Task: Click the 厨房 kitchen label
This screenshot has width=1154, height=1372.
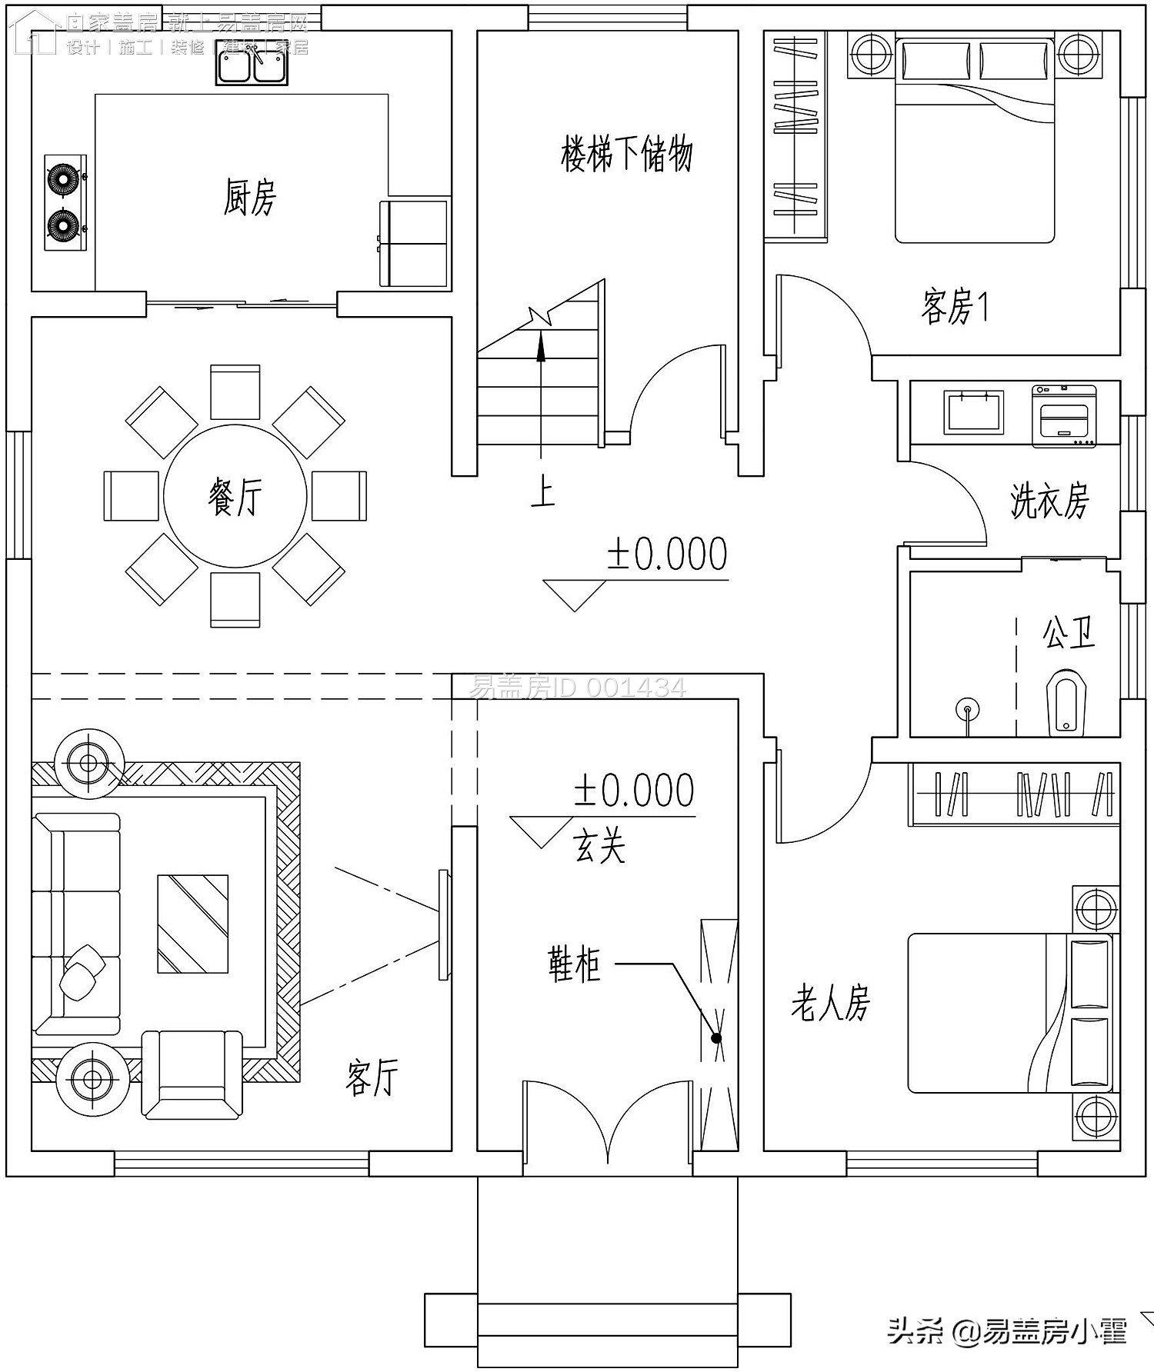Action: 249,198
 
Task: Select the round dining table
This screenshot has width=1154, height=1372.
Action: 235,496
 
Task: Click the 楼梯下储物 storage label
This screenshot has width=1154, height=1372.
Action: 626,154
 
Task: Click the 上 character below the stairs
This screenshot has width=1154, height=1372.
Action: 542,491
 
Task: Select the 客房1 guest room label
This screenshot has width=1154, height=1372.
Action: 954,307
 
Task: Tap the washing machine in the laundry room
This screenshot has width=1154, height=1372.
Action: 1064,415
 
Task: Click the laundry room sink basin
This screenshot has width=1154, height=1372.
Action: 974,412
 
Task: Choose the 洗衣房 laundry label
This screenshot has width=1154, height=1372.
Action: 1049,501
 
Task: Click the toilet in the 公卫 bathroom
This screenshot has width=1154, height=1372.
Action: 1066,702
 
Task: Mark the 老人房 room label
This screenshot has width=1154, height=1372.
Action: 830,1004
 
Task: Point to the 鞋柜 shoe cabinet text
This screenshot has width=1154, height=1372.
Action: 574,964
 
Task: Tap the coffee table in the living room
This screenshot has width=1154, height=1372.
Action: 192,924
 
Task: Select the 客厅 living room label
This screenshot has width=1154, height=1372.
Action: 372,1077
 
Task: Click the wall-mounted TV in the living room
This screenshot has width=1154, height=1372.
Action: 443,924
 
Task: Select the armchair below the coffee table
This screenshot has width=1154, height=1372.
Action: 192,1074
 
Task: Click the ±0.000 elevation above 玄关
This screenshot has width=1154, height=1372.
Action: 633,791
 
